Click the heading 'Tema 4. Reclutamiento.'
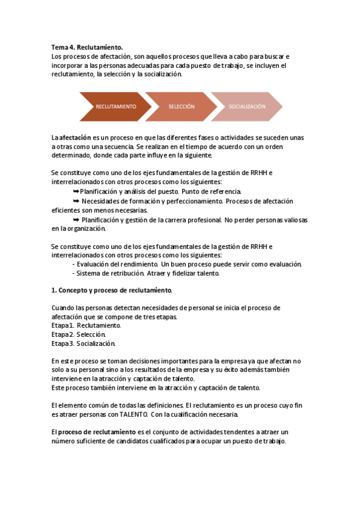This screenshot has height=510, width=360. [87, 47]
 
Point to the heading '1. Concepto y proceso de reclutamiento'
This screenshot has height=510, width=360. [111, 290]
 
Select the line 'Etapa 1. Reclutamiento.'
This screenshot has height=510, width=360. [86, 325]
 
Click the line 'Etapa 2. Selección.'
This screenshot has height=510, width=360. [79, 334]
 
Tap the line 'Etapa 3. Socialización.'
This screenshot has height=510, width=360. [83, 343]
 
